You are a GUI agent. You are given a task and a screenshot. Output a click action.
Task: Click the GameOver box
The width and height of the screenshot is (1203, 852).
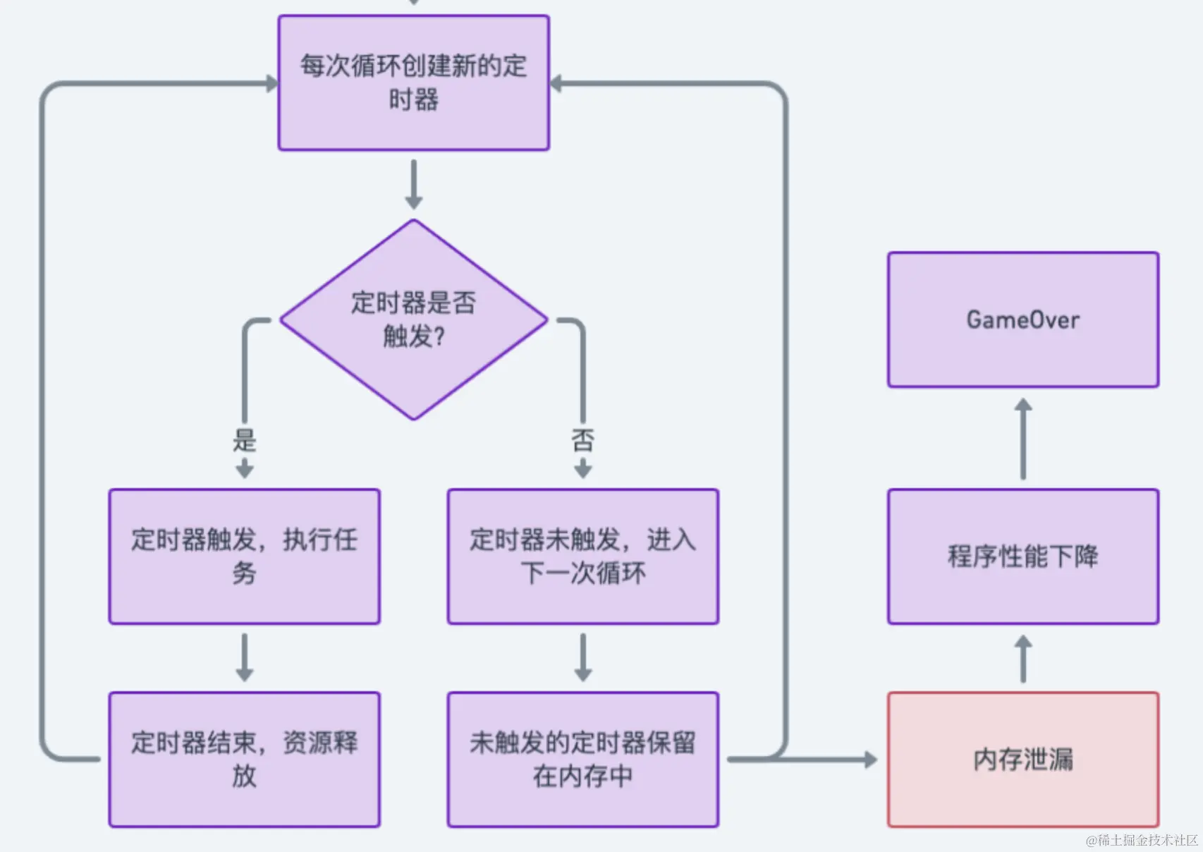point(1022,319)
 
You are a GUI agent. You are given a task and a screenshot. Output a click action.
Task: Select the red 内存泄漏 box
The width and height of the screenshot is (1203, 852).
point(1022,760)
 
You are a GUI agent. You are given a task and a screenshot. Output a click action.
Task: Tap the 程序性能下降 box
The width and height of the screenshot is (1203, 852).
point(1022,556)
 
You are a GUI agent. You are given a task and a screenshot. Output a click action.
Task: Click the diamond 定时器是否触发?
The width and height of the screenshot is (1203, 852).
point(414,319)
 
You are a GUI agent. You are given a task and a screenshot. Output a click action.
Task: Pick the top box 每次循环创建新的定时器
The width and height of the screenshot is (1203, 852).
point(414,83)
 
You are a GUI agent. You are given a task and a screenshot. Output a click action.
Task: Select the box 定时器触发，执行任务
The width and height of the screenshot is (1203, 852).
point(244,556)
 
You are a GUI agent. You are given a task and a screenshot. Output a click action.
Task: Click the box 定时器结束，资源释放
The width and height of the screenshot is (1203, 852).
point(244,760)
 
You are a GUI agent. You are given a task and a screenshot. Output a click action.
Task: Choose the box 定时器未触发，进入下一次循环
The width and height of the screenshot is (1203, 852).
point(582,556)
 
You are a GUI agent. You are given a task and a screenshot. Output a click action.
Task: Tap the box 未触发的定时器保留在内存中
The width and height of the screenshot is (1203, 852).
point(582,760)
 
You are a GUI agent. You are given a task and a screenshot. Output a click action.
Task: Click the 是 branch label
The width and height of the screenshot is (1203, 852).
point(244,441)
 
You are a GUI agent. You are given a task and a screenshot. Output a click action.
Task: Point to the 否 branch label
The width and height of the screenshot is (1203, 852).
point(582,441)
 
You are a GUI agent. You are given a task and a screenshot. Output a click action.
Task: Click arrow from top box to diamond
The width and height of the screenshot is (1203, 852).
point(414,184)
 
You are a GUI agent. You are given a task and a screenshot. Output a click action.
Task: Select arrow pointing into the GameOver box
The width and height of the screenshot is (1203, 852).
point(1023,437)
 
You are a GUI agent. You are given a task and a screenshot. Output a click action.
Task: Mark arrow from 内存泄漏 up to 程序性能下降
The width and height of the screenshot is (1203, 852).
point(1023,658)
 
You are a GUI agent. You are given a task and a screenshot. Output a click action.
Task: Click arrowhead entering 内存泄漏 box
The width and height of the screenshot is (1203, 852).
point(870,760)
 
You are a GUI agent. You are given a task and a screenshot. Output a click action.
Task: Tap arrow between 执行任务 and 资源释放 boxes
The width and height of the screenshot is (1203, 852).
point(244,657)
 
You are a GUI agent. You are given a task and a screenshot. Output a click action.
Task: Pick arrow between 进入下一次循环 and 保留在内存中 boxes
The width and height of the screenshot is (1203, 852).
point(582,657)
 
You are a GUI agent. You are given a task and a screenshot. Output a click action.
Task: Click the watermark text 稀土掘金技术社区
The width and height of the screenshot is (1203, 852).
point(1142,840)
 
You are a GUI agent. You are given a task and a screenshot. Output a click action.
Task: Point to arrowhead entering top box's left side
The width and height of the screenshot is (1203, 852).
point(271,83)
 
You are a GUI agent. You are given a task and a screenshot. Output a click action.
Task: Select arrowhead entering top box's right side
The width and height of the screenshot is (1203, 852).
point(556,83)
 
